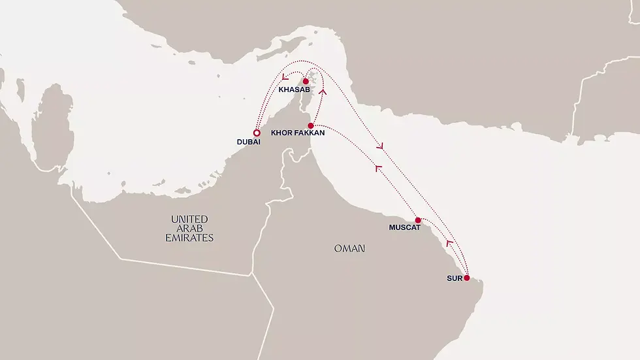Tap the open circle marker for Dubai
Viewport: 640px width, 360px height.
[257, 133]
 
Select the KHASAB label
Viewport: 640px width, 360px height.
[293, 89]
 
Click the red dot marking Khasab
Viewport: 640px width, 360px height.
[306, 82]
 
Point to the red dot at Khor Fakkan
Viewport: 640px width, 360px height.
[311, 125]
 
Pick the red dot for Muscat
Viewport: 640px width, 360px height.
[418, 220]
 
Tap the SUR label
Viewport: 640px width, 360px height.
[455, 278]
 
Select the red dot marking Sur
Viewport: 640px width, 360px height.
[466, 278]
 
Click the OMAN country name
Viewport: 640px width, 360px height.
[349, 249]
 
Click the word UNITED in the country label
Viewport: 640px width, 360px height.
[189, 220]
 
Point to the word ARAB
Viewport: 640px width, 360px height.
[189, 229]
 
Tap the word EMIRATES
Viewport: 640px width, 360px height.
[189, 238]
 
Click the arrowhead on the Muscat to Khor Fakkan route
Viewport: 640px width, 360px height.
[377, 169]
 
